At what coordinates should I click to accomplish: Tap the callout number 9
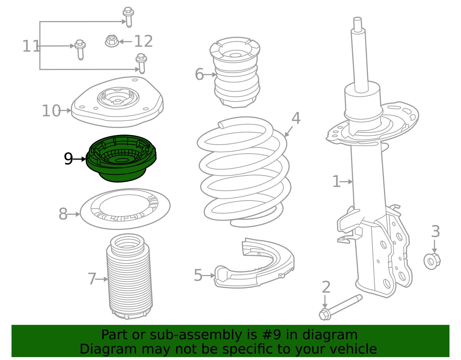pyautogui.click(x=68, y=159)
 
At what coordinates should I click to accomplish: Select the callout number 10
pyautogui.click(x=51, y=111)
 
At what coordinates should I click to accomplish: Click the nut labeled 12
pyautogui.click(x=112, y=41)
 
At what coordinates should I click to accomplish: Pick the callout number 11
pyautogui.click(x=31, y=46)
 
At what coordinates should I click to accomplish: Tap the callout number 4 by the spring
pyautogui.click(x=296, y=118)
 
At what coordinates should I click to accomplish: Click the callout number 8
pyautogui.click(x=63, y=214)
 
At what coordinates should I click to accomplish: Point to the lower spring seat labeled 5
pyautogui.click(x=256, y=268)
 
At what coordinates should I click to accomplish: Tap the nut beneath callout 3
pyautogui.click(x=432, y=261)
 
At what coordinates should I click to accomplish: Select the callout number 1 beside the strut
pyautogui.click(x=336, y=182)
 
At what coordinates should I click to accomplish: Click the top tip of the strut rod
pyautogui.click(x=357, y=19)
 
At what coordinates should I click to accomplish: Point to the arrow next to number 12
pyautogui.click(x=125, y=42)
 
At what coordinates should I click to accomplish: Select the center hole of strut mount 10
pyautogui.click(x=118, y=101)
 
